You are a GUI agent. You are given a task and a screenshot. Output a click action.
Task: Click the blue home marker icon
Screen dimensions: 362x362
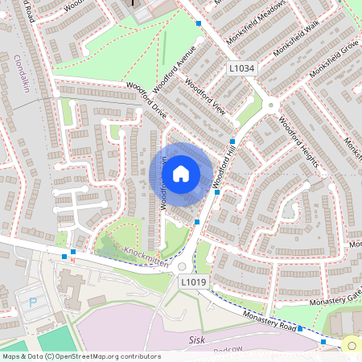[181, 172]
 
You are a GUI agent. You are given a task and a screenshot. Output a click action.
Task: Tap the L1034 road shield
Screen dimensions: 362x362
[241, 69]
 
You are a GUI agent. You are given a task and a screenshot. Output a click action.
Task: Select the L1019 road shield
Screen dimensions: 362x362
[193, 282]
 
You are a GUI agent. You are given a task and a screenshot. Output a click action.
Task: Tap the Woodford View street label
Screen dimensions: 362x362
[204, 97]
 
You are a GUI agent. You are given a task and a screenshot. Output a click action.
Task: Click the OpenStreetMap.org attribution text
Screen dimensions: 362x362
[97, 356]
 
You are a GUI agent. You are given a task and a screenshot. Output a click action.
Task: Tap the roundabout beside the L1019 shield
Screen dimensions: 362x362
[182, 266]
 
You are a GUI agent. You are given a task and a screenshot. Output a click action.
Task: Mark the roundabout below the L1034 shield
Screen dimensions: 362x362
[271, 103]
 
